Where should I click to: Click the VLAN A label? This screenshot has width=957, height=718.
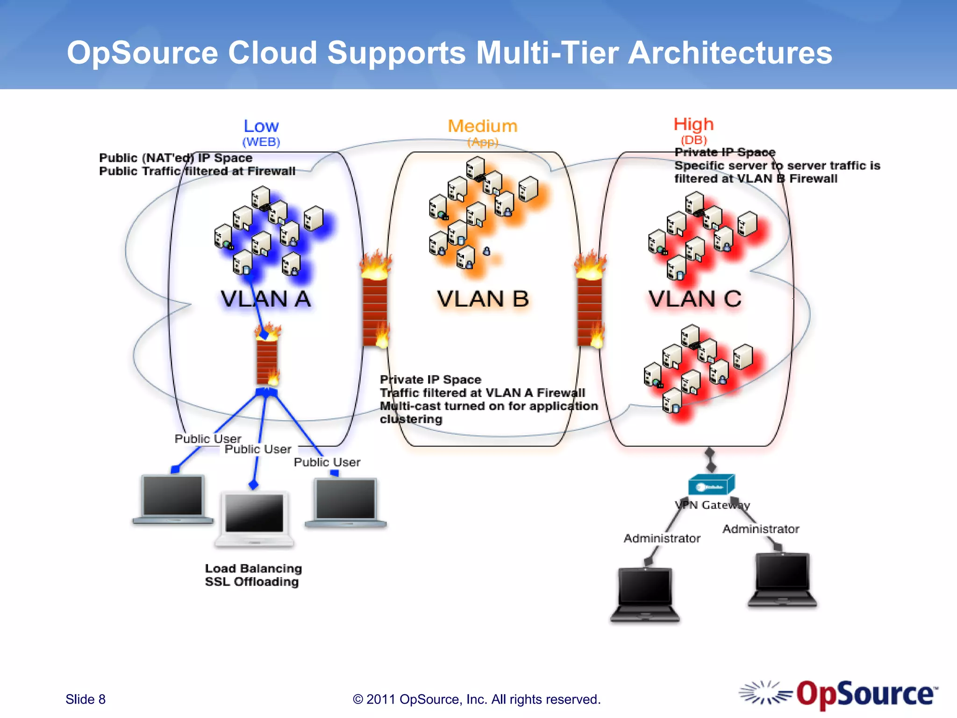tap(265, 299)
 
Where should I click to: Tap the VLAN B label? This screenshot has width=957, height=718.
tap(483, 299)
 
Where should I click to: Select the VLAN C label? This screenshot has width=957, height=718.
tap(695, 299)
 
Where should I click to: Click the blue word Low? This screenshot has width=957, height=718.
tap(261, 126)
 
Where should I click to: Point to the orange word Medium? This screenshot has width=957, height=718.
tap(483, 126)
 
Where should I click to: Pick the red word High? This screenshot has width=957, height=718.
tap(693, 124)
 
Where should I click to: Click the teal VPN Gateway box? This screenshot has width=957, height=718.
tap(711, 485)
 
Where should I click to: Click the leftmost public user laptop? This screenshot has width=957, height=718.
tap(173, 498)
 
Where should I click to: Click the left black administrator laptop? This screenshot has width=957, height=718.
tap(645, 594)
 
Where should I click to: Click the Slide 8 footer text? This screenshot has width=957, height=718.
tap(86, 699)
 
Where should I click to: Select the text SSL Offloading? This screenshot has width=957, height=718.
tap(252, 582)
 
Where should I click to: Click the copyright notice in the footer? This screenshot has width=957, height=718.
tap(477, 699)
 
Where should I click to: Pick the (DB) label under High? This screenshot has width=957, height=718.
tap(694, 140)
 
